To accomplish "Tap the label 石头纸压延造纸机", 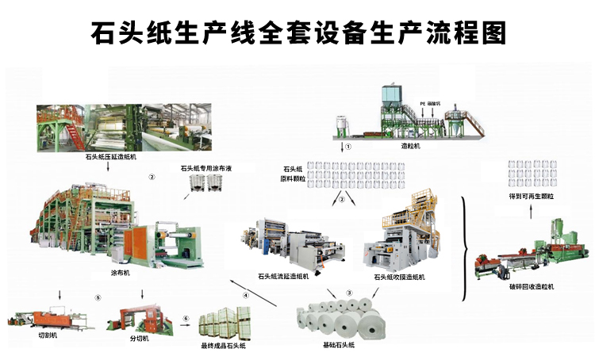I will [110, 158].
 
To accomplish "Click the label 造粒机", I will [409, 146].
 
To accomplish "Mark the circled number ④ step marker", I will [246, 295].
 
